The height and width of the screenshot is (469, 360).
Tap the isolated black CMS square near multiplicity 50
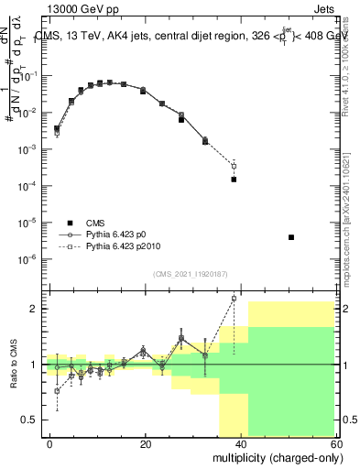(x=290, y=237)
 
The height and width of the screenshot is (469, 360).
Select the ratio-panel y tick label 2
(x=35, y=309)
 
